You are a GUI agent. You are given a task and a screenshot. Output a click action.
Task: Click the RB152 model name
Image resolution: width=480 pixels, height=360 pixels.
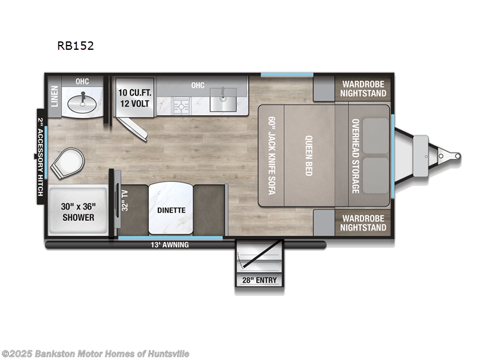[76, 46]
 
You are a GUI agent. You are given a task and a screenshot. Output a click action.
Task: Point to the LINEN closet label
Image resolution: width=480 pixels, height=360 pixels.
[54, 95]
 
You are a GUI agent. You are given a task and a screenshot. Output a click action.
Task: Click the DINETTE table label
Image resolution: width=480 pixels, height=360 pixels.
[171, 210]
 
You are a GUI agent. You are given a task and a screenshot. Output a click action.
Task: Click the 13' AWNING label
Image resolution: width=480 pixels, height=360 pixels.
[170, 245]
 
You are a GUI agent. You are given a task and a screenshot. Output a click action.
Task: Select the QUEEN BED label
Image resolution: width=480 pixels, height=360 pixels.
[310, 155]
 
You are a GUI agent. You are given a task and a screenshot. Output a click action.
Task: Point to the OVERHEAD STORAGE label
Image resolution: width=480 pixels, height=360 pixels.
[355, 155]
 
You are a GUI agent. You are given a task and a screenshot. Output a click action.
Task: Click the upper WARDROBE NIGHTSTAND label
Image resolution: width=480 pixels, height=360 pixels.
[363, 88]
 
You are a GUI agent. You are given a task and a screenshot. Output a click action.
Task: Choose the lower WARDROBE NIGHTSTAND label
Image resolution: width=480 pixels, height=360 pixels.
[363, 223]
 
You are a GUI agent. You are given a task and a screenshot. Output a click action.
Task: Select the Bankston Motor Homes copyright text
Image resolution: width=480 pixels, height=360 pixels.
[95, 353]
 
